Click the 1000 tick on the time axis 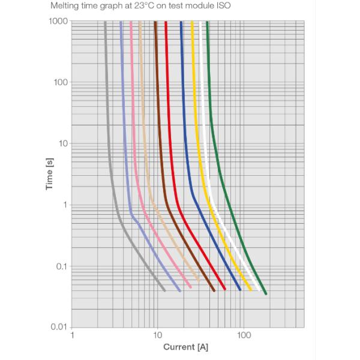pos(59,22)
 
